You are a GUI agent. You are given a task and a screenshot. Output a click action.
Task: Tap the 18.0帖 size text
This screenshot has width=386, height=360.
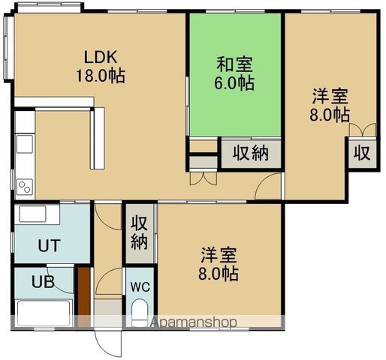pyautogui.click(x=99, y=75)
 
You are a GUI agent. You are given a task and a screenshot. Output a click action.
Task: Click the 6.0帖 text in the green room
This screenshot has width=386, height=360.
pyautogui.click(x=234, y=83)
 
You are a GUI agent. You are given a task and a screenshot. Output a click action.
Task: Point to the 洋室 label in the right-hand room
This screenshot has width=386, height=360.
pyautogui.click(x=330, y=96)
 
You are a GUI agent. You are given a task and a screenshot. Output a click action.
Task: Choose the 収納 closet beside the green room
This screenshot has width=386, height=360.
pyautogui.click(x=250, y=153)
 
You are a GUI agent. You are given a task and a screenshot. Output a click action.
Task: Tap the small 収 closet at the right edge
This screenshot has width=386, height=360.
pyautogui.click(x=361, y=153)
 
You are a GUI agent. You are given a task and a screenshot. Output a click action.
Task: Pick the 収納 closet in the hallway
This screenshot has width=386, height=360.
pyautogui.click(x=140, y=232)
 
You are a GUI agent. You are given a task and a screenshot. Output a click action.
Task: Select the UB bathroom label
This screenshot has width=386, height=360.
pyautogui.click(x=43, y=283)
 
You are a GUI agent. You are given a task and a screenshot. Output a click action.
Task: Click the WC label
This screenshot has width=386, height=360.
pyautogui.click(x=140, y=286)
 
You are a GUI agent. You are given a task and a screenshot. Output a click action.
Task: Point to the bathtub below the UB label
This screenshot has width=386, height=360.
pyautogui.click(x=44, y=312)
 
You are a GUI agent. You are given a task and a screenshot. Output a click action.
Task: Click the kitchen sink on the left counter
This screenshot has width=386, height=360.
pyautogui.click(x=23, y=142)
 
